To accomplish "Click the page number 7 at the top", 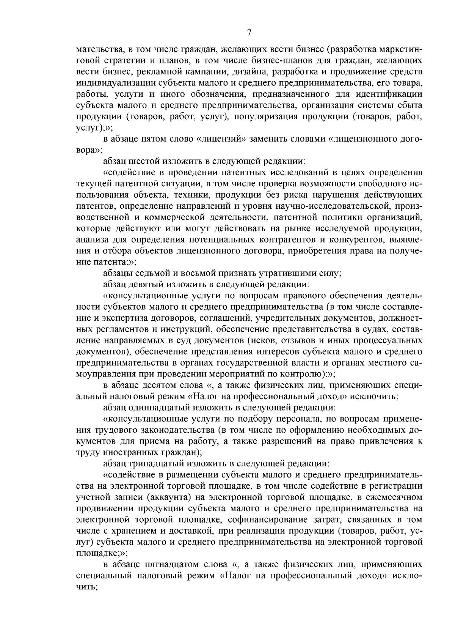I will [249, 33].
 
